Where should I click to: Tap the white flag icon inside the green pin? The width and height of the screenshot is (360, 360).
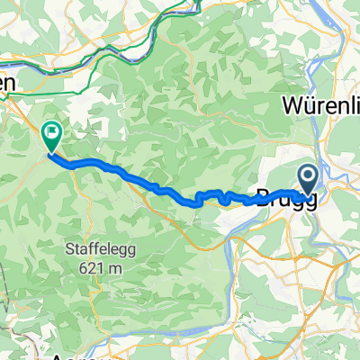click(x=53, y=135)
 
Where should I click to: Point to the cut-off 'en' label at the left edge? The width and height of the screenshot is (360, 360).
click(x=7, y=82)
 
